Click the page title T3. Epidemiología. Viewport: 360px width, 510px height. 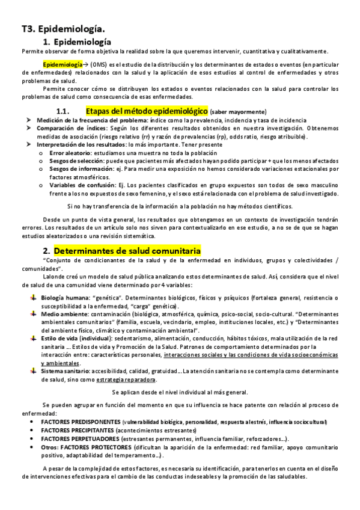coord(63,29)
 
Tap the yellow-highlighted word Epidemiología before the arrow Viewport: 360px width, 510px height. coord(63,64)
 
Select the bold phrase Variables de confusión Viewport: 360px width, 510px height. coord(77,187)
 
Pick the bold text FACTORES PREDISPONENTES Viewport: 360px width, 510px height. coord(81,422)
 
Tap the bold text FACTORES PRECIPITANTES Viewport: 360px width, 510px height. coord(78,431)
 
